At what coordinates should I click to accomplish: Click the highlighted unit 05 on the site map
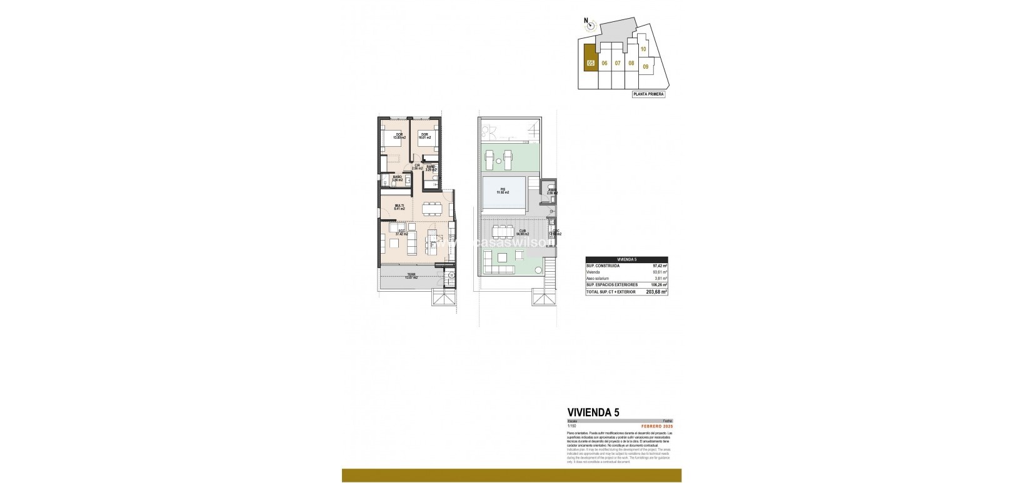[x=590, y=62]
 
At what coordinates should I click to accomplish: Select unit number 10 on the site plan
[x=643, y=49]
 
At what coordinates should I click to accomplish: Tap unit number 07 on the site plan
[x=617, y=63]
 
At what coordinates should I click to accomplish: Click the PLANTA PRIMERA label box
[x=648, y=94]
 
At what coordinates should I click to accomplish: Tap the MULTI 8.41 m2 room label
[x=399, y=207]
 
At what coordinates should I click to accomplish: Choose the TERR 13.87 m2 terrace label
[x=411, y=276]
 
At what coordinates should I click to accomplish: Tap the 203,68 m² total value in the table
[x=657, y=291]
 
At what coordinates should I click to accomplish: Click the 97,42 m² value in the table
[x=660, y=266]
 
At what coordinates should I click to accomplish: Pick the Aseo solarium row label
[x=598, y=278]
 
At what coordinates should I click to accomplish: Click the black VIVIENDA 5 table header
[x=626, y=259]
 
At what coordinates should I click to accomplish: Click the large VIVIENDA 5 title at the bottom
[x=593, y=412]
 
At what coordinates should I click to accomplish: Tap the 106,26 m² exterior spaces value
[x=659, y=284]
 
